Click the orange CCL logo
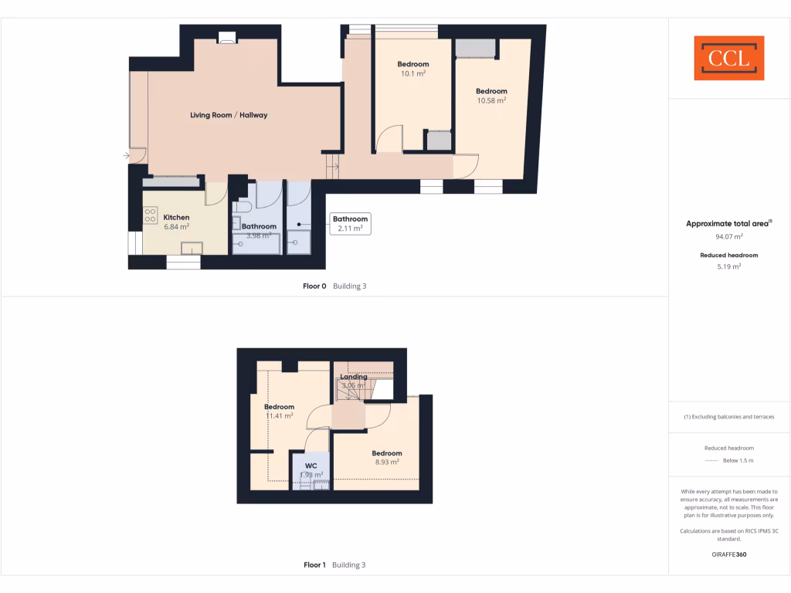tap(728, 58)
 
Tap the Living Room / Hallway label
tap(229, 115)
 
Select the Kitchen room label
tap(176, 218)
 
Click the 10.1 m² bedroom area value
tap(413, 74)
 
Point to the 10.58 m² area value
tap(491, 100)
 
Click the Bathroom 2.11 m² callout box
tap(350, 223)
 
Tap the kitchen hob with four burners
tap(150, 215)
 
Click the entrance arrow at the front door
tap(126, 156)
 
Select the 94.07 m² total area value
tap(729, 237)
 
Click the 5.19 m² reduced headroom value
tap(729, 266)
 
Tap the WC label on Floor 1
tap(311, 466)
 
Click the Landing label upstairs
tap(354, 377)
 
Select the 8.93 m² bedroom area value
tap(387, 463)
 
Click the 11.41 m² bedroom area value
tap(279, 416)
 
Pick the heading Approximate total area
tap(728, 223)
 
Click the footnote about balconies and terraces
tap(729, 417)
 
